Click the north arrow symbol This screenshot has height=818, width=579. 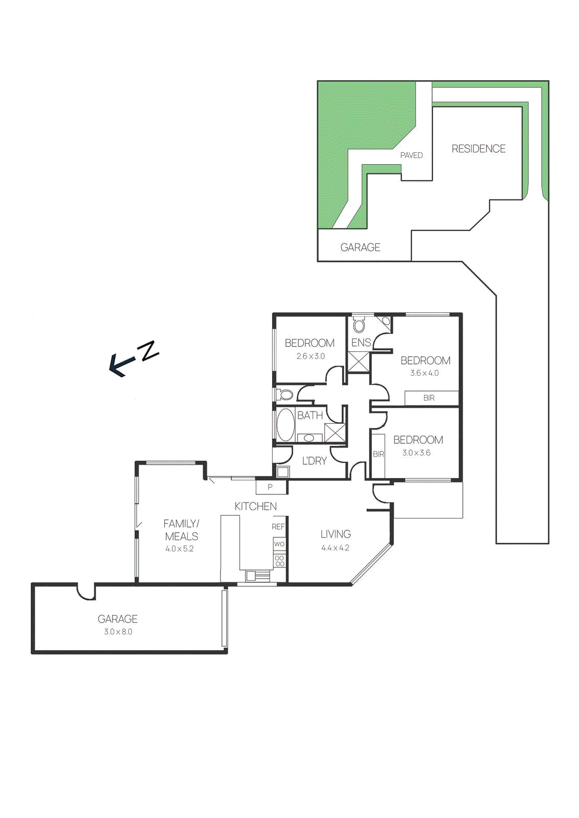[132, 358]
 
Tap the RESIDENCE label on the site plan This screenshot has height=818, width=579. [478, 149]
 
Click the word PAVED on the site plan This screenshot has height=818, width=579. [411, 155]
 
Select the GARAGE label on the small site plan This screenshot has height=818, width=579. [360, 247]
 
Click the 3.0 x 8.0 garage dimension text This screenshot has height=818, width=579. [118, 632]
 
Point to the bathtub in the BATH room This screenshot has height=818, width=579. [285, 424]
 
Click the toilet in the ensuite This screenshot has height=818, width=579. [359, 325]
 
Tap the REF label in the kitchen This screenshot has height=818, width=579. [278, 527]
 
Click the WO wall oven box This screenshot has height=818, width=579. [279, 544]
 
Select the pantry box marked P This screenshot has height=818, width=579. [271, 487]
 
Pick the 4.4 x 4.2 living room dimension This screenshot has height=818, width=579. [335, 548]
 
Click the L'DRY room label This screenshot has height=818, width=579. [314, 461]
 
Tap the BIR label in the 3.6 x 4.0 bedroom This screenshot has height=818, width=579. [429, 398]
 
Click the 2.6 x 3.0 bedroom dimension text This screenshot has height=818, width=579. [310, 356]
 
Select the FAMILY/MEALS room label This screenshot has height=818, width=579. [181, 530]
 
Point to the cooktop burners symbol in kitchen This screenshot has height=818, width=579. [280, 561]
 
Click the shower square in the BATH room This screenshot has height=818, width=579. [335, 433]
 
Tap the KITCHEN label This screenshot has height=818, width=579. [255, 506]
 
